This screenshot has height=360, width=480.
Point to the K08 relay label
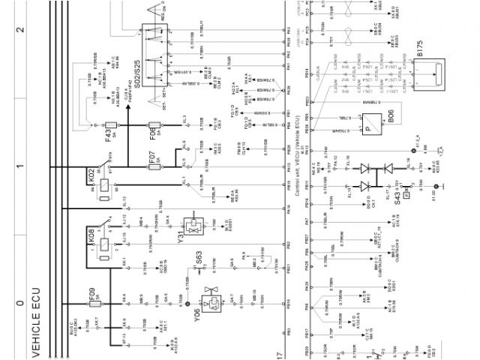91,240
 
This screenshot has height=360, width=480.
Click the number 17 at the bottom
279,352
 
